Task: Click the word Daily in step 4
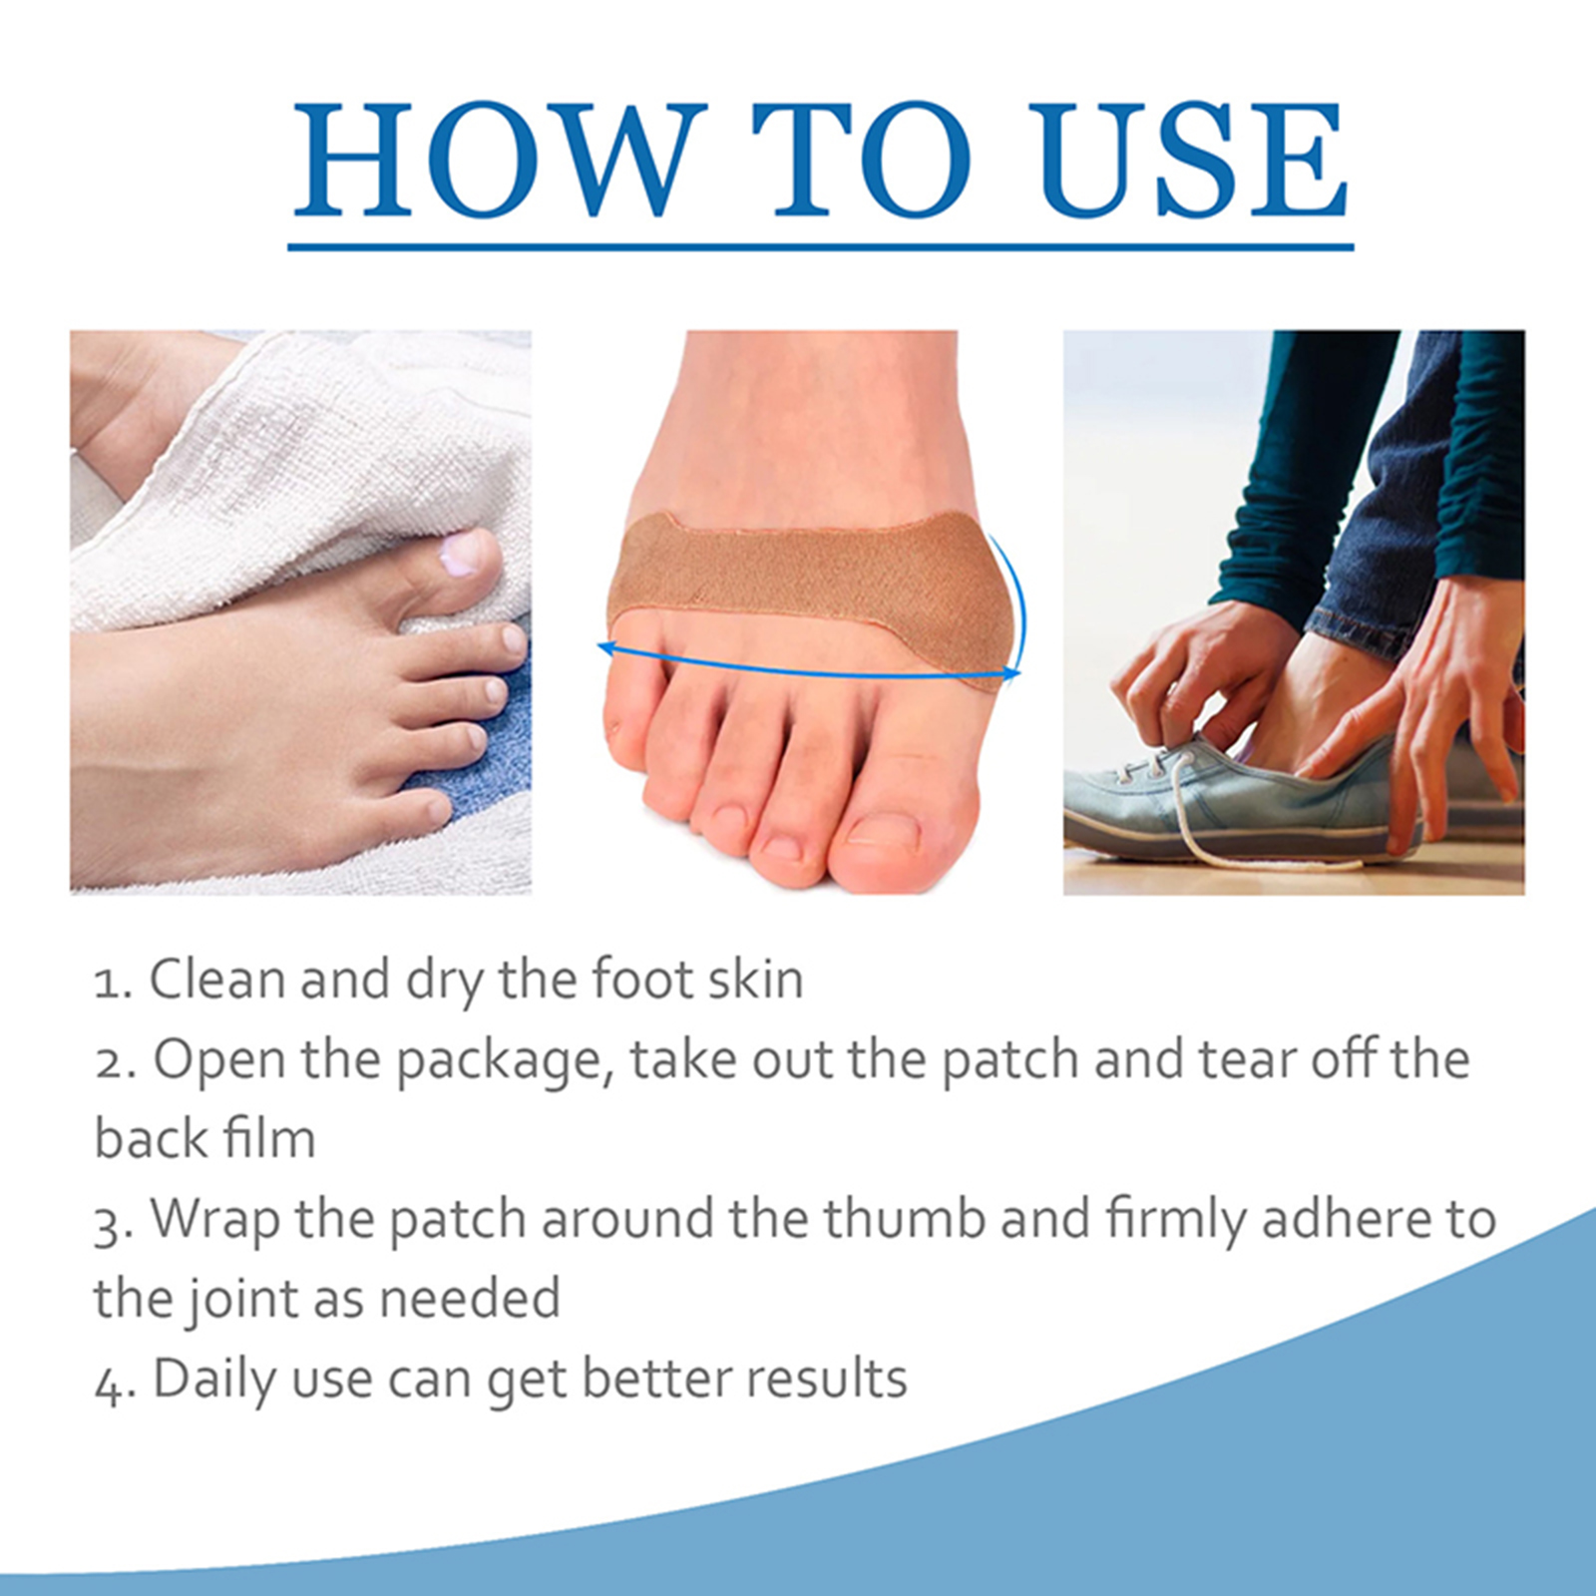coord(215,1381)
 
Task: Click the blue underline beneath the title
coord(820,245)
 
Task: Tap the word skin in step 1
coord(756,980)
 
